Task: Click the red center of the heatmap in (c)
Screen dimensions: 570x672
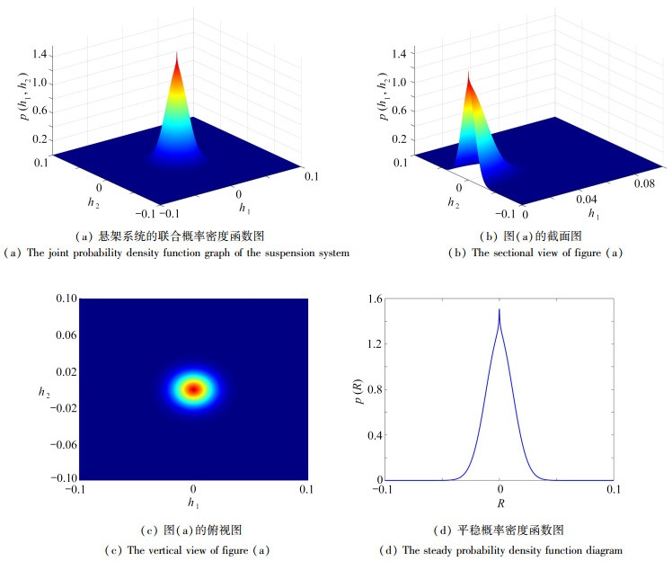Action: click(192, 388)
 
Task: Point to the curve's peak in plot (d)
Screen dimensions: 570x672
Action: click(499, 311)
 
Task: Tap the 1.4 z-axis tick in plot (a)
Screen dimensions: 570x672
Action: click(39, 56)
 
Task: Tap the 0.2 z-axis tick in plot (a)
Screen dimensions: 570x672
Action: click(39, 140)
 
